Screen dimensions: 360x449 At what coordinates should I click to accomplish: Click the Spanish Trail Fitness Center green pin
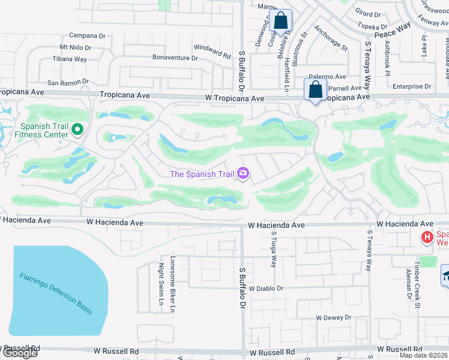[77, 130]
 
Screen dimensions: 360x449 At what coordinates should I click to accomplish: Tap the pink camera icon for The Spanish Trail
[243, 174]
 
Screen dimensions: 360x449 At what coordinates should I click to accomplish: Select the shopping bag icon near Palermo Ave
[315, 91]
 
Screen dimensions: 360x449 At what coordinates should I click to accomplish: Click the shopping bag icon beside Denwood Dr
[280, 21]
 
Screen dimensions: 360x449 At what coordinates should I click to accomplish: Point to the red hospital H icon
[427, 238]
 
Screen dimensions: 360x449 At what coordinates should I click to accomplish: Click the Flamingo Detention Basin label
[56, 293]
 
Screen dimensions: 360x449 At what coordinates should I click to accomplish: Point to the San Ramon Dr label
[68, 82]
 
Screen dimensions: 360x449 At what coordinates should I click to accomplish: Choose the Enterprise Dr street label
[412, 86]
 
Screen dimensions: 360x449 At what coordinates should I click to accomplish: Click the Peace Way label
[393, 31]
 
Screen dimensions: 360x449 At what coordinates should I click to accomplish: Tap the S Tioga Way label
[274, 250]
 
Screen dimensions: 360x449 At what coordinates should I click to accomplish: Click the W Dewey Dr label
[333, 317]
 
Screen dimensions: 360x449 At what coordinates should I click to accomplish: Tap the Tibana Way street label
[70, 59]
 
